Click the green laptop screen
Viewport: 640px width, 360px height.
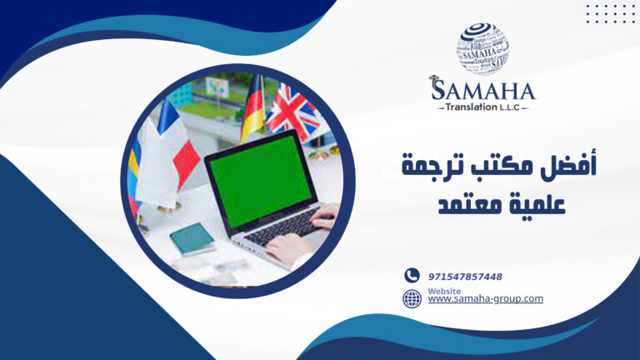coord(261,179)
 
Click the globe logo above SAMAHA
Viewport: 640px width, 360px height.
coord(482,48)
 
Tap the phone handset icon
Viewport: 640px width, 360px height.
coord(412,275)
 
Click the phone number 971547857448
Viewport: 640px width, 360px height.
coord(465,276)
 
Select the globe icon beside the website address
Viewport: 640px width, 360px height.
coord(412,298)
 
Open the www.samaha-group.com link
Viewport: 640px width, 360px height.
coord(485,298)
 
